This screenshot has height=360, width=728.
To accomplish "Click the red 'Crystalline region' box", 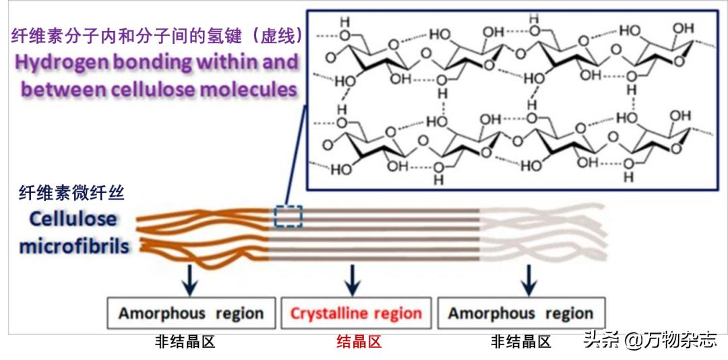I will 356,313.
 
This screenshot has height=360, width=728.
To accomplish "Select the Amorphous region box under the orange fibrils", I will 191,313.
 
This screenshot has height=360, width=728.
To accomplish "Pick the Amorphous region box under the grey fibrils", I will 520,313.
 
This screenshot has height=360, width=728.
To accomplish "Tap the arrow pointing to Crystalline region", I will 351,279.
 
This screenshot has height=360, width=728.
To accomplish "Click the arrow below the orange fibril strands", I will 190,279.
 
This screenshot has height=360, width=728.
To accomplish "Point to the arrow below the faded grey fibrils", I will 529,279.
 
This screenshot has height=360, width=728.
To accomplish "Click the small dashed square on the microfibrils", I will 288,216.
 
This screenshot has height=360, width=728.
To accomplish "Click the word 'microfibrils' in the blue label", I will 74,246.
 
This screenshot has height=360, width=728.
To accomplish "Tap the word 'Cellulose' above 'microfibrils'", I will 73,219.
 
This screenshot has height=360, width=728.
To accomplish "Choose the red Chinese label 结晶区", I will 359,342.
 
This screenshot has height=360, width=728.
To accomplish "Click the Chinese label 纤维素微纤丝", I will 71,193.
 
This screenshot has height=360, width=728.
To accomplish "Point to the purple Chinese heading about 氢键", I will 156,35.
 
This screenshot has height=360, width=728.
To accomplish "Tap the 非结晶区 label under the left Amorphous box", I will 185,342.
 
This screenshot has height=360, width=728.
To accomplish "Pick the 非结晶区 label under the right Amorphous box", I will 521,342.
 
